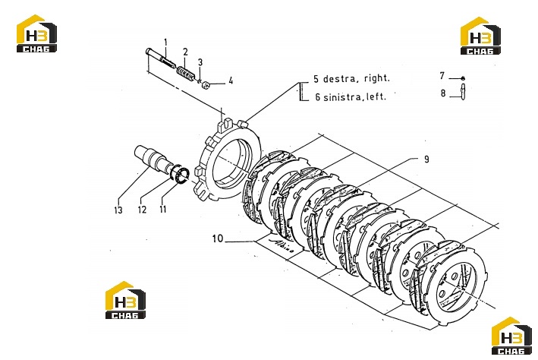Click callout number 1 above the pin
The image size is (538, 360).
coord(165,43)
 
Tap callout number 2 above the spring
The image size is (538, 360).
coord(185,52)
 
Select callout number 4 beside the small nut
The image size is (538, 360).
coord(231,81)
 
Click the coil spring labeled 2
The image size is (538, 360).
coord(187,74)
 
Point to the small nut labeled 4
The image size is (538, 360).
coord(206,84)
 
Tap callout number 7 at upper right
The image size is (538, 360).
coord(442,75)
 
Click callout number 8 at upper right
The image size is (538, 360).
coord(443,93)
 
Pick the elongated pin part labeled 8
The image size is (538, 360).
coord(463,93)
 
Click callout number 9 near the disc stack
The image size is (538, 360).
coord(426,159)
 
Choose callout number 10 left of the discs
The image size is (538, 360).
coord(218,238)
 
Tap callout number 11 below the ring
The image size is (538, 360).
coord(162,209)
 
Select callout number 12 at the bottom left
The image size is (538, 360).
coord(142,210)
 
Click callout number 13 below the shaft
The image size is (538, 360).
coord(118,210)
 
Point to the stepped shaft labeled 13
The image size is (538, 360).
coord(152,159)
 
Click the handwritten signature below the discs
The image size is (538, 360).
coord(282,245)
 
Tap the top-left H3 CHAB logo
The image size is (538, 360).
coord(36,33)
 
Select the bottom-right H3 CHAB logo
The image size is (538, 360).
coord(511,336)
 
